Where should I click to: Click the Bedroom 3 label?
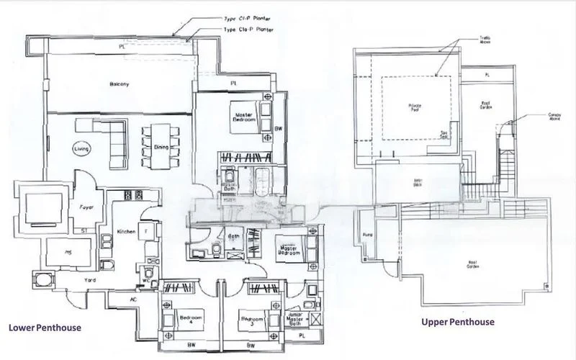(x=252, y=320)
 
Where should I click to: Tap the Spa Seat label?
(x=446, y=133)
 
